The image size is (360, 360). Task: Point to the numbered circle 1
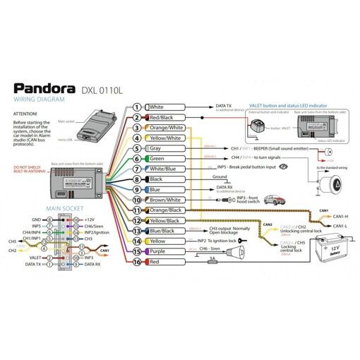point(137,107)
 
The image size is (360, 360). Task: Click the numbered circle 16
point(137,263)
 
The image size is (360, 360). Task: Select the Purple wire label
point(157,252)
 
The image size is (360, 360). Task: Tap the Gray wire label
point(156,149)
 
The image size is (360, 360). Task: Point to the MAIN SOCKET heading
point(64,209)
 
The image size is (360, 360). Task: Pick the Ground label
point(219,176)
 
